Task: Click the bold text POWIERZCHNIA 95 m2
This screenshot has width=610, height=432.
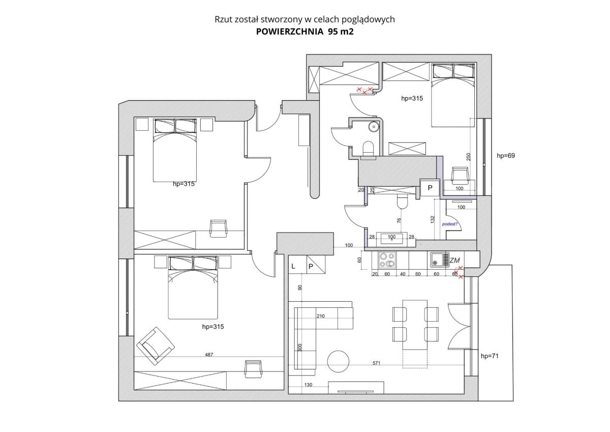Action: pyautogui.click(x=304, y=32)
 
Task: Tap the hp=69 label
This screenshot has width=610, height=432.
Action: pyautogui.click(x=506, y=156)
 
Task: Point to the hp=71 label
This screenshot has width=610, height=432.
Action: pyautogui.click(x=490, y=356)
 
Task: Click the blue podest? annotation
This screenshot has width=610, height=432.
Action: pyautogui.click(x=449, y=224)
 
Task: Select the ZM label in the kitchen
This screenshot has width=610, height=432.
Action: pyautogui.click(x=454, y=261)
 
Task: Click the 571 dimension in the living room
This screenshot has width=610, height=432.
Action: pyautogui.click(x=376, y=363)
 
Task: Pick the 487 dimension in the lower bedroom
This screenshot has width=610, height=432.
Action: pyautogui.click(x=209, y=355)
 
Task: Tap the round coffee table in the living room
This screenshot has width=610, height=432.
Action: pyautogui.click(x=338, y=361)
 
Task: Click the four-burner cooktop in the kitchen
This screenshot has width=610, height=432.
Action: pyautogui.click(x=387, y=260)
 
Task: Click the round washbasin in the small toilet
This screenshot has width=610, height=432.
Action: pyautogui.click(x=374, y=127)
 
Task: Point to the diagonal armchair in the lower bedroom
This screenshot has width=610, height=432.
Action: pyautogui.click(x=155, y=346)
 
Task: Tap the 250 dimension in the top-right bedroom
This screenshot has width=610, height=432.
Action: pyautogui.click(x=468, y=156)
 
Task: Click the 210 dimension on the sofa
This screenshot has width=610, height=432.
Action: pyautogui.click(x=321, y=316)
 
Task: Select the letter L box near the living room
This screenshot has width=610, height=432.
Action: pyautogui.click(x=298, y=264)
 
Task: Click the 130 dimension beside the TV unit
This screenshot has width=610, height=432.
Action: pyautogui.click(x=308, y=385)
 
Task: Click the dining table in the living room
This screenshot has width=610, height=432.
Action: pyautogui.click(x=415, y=325)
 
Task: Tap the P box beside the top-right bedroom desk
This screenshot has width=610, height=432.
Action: pyautogui.click(x=430, y=188)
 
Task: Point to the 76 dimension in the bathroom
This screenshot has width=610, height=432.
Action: pyautogui.click(x=399, y=220)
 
